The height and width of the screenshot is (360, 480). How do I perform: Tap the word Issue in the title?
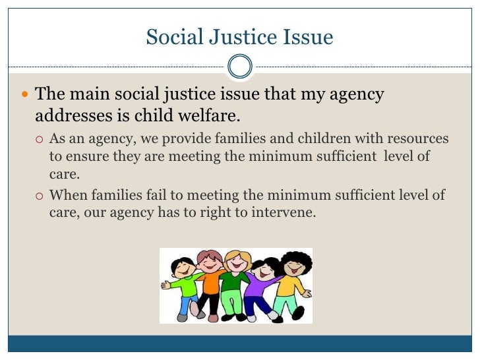coord(311,38)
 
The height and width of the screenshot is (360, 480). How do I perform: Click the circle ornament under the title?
coord(239,65)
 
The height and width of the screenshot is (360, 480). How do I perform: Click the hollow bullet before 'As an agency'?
coord(40,140)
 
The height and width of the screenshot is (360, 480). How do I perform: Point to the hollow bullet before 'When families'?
coord(40,195)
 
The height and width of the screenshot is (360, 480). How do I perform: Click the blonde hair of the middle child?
coord(234,255)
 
